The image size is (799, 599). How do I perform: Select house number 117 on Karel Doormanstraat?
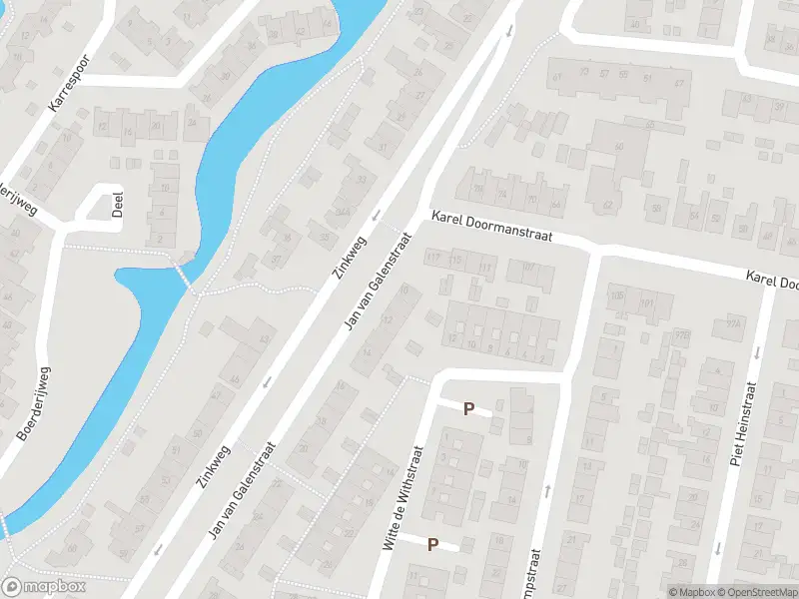point(432,259)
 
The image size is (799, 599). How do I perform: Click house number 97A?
point(736,322)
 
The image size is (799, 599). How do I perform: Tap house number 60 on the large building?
point(618,147)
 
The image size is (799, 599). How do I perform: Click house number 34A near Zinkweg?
point(343,212)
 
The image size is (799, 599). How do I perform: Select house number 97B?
point(683,334)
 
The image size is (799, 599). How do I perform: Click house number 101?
point(645,302)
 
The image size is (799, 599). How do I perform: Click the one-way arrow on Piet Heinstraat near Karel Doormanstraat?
point(755,351)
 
